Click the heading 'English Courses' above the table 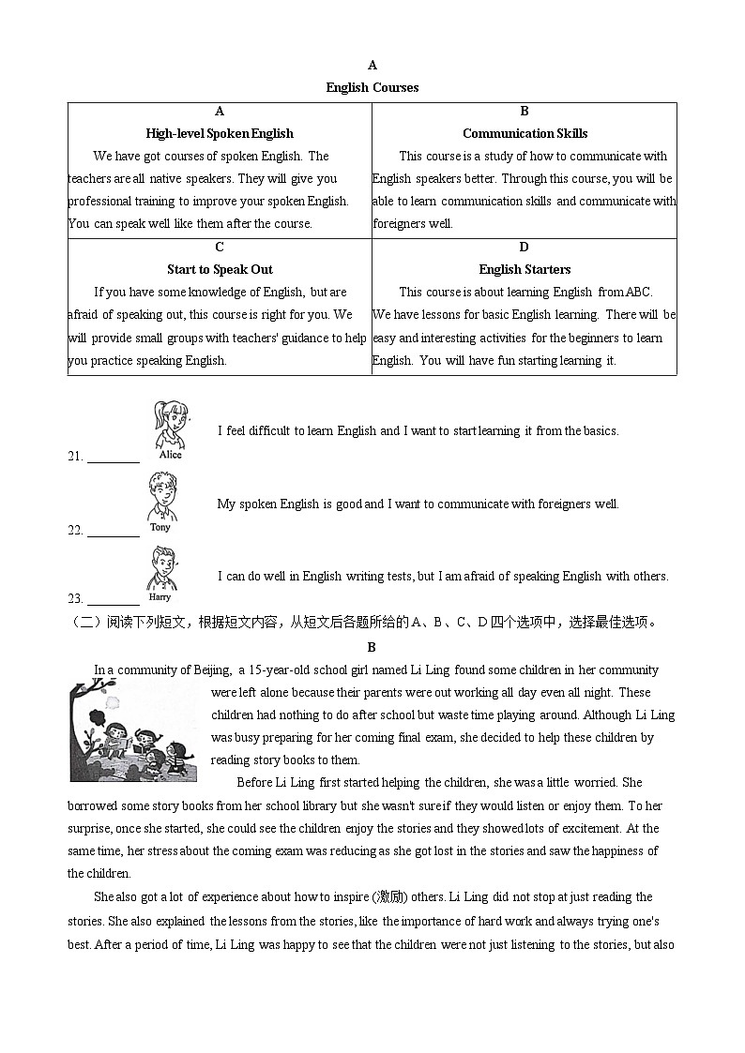tap(372, 87)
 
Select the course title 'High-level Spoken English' tap(220, 133)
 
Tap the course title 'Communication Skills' tap(525, 133)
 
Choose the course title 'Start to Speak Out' tap(220, 269)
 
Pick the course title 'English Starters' tap(525, 269)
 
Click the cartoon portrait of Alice tap(170, 424)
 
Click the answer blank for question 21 tap(114, 458)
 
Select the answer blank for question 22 tap(114, 530)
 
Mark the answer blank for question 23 tap(114, 598)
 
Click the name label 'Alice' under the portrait tap(170, 455)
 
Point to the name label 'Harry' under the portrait tap(160, 597)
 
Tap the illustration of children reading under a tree tap(133, 731)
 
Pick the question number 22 tap(75, 531)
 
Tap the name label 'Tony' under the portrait tap(160, 527)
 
